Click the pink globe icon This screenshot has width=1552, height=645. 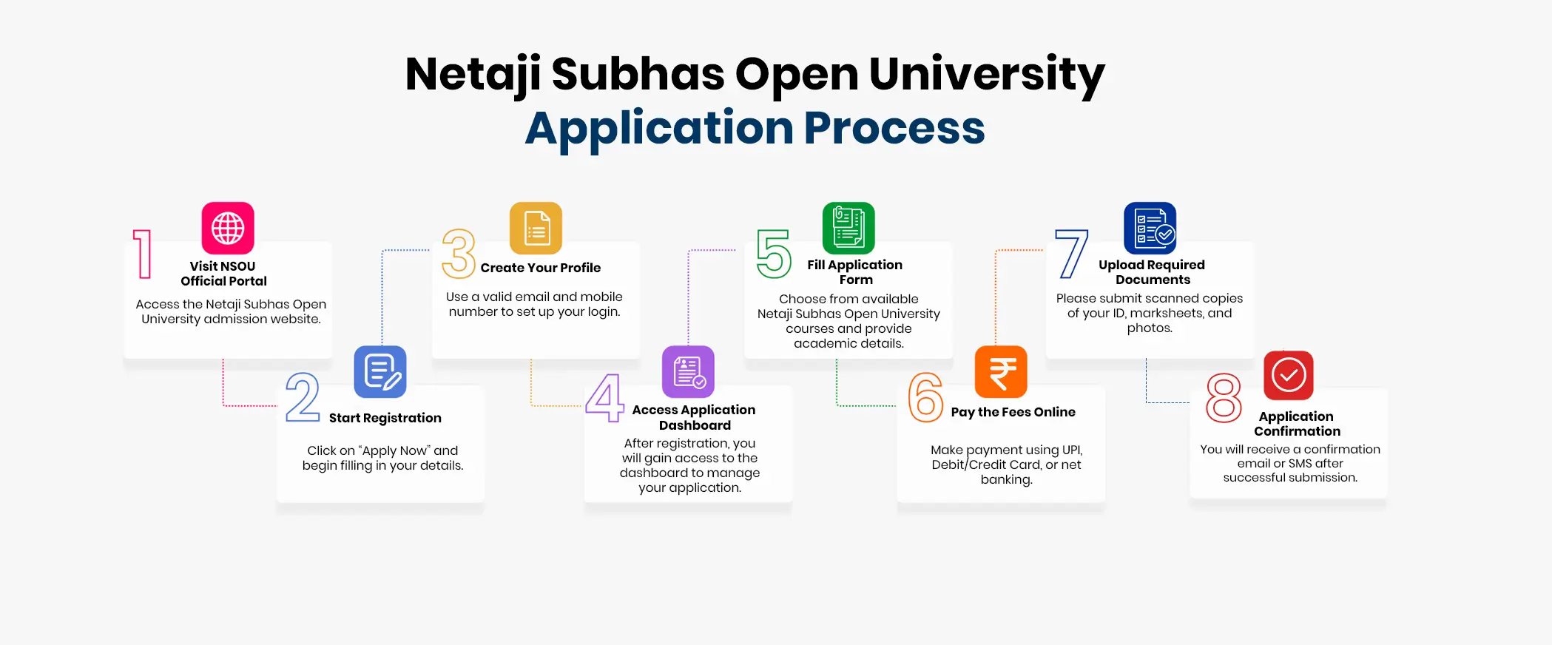pos(228,228)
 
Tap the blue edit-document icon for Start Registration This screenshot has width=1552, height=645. pos(380,371)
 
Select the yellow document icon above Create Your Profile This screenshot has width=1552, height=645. pos(536,228)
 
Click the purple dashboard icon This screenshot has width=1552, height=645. pos(688,371)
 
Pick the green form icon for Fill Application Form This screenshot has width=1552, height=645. pos(848,228)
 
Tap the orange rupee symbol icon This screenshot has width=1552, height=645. pos(1001,371)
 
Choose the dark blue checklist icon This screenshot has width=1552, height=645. pos(1150,228)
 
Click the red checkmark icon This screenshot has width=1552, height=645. pos(1289,375)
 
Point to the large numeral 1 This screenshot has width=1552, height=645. pos(142,254)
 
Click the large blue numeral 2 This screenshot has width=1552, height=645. pos(303,397)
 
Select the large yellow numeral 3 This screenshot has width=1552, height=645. pos(459,254)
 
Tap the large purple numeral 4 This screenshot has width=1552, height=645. pos(605,397)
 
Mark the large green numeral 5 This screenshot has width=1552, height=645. pos(774,254)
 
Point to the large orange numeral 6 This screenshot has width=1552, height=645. pos(925,397)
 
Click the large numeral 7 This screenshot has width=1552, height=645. pos(1072,254)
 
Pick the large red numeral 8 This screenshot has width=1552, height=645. pos(1224,398)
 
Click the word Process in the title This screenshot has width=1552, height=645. pos(894,129)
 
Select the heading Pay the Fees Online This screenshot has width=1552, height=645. pos(1013,412)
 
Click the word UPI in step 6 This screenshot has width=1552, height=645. pos(1072,450)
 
